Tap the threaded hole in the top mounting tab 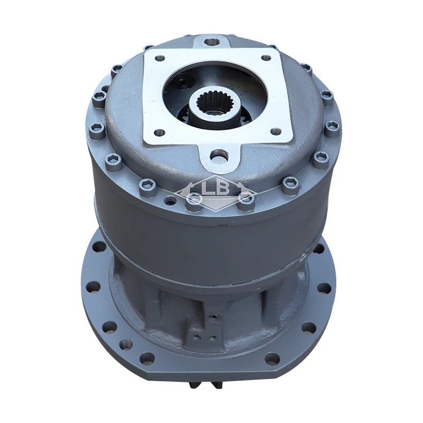212,40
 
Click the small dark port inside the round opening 182,82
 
